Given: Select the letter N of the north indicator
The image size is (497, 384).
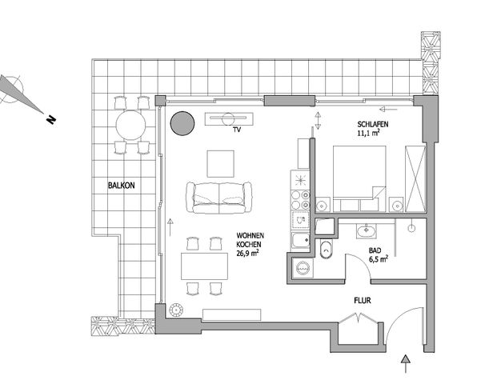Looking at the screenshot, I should pyautogui.click(x=50, y=121).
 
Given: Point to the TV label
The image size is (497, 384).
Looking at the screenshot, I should pyautogui.click(x=237, y=130).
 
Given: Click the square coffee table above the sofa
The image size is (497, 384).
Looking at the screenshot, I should pyautogui.click(x=222, y=164).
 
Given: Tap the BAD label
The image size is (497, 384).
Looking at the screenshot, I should pyautogui.click(x=375, y=250).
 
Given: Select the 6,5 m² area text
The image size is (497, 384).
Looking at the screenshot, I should pyautogui.click(x=379, y=259).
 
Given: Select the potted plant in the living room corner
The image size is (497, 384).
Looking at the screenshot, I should pyautogui.click(x=177, y=310).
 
